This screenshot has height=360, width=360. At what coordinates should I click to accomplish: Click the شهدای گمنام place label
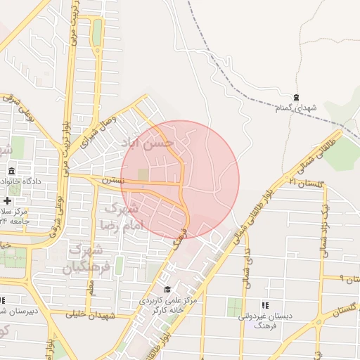pyautogui.click(x=296, y=108)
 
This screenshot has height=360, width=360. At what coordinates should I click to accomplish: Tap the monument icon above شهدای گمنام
pyautogui.click(x=296, y=97)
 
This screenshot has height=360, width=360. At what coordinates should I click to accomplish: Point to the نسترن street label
pyautogui.click(x=112, y=181)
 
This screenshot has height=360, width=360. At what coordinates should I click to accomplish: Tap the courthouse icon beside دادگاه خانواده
pyautogui.click(x=12, y=172)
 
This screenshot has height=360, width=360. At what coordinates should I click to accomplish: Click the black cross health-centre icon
pyautogui.click(x=7, y=201)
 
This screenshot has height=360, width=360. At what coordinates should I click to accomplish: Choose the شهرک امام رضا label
pyautogui.click(x=122, y=217)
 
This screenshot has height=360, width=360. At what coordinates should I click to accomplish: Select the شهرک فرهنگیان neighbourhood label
pyautogui.click(x=87, y=259)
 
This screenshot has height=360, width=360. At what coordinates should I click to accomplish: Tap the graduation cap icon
pyautogui.click(x=167, y=290)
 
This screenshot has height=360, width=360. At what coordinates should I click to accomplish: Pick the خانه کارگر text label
pyautogui.click(x=165, y=309)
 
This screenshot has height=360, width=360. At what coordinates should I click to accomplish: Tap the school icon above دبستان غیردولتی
pyautogui.click(x=265, y=306)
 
